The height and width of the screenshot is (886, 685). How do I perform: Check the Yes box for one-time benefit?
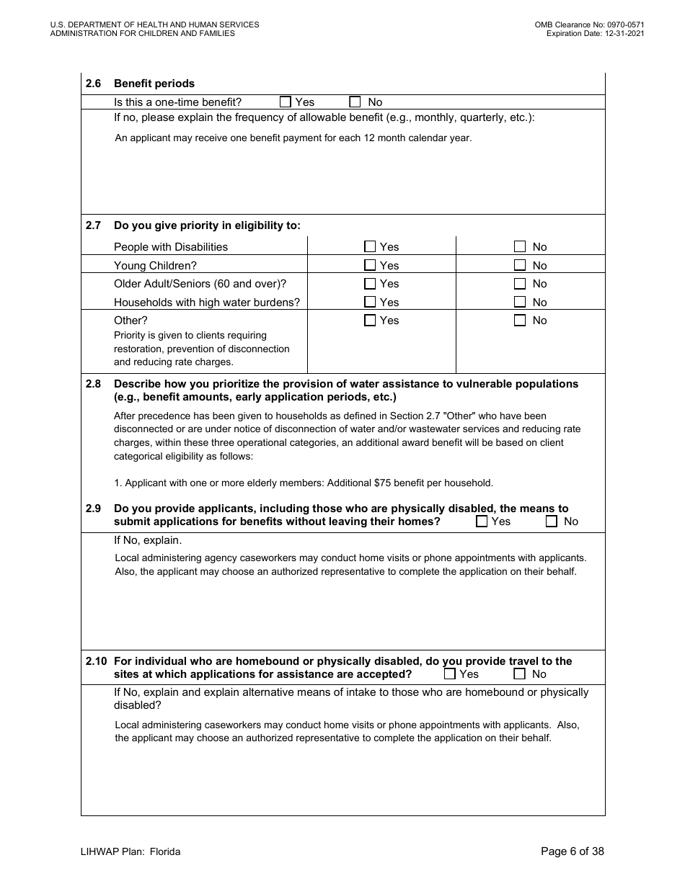286,102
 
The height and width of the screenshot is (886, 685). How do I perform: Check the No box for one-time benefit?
355,102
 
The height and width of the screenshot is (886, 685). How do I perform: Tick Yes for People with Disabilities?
370,246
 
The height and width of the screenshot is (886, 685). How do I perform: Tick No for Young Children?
520,265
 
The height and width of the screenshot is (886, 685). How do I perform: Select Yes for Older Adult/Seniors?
370,284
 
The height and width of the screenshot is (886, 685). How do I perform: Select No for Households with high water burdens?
520,303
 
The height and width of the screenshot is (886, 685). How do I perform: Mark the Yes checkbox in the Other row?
370,321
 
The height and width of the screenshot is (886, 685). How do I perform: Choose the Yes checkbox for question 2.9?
482,522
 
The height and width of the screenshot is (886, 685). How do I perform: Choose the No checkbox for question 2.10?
519,674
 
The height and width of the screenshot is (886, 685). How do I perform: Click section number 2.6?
93,84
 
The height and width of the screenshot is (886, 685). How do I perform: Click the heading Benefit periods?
154,84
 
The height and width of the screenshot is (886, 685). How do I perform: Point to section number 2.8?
93,384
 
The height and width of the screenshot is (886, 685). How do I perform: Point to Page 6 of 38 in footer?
573,851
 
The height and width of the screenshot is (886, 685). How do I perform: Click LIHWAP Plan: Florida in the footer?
131,851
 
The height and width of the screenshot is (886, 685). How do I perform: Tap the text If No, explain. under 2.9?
148,540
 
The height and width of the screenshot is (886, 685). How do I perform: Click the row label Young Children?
155,266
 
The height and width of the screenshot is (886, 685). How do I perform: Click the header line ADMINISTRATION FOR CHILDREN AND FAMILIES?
143,33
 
